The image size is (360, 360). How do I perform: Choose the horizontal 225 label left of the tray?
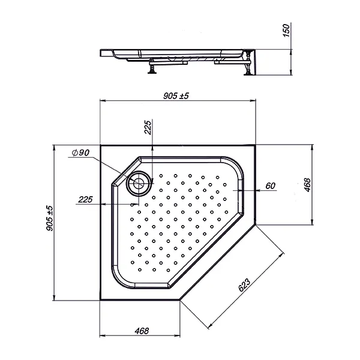[86, 200]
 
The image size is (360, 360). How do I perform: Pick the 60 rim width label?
[269, 185]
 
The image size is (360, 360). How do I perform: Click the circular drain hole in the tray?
[140, 182]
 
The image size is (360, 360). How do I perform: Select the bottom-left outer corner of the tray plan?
[100, 300]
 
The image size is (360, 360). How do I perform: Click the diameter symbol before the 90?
[73, 153]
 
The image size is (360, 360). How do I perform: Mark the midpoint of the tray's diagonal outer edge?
[218, 262]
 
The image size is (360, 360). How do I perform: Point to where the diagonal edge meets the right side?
[256, 224]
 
